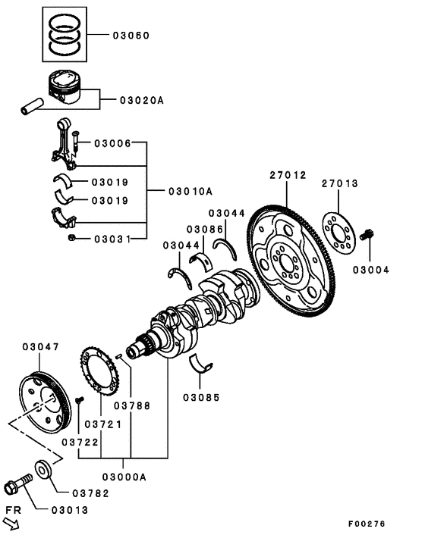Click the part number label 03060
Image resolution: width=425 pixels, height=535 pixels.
tap(131, 36)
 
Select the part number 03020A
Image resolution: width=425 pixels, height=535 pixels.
tap(141, 100)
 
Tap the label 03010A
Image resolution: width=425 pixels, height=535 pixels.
tap(190, 191)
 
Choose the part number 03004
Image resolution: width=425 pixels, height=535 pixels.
tap(371, 269)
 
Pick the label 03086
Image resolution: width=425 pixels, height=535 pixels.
tap(205, 229)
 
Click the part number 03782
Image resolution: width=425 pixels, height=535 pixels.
tap(91, 493)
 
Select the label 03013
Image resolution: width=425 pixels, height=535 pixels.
tap(70, 510)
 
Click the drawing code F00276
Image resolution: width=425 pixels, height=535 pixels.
tap(367, 523)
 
